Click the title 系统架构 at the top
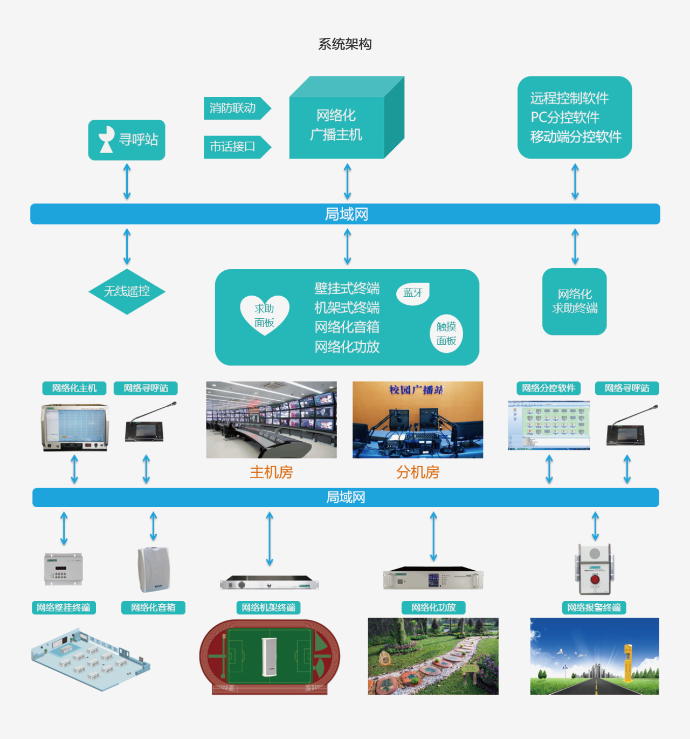(345, 44)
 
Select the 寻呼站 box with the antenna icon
(127, 140)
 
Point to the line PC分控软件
(564, 118)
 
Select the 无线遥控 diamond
(127, 291)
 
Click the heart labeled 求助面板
(265, 316)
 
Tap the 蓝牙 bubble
(413, 293)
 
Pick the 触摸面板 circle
(446, 334)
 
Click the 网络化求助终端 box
(575, 302)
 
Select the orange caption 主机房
(271, 473)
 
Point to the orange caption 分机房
(418, 473)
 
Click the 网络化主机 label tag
(74, 388)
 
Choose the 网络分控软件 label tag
(548, 388)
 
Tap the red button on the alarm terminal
(595, 579)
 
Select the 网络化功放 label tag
(433, 608)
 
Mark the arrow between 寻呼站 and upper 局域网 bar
(127, 182)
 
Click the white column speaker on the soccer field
(270, 657)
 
